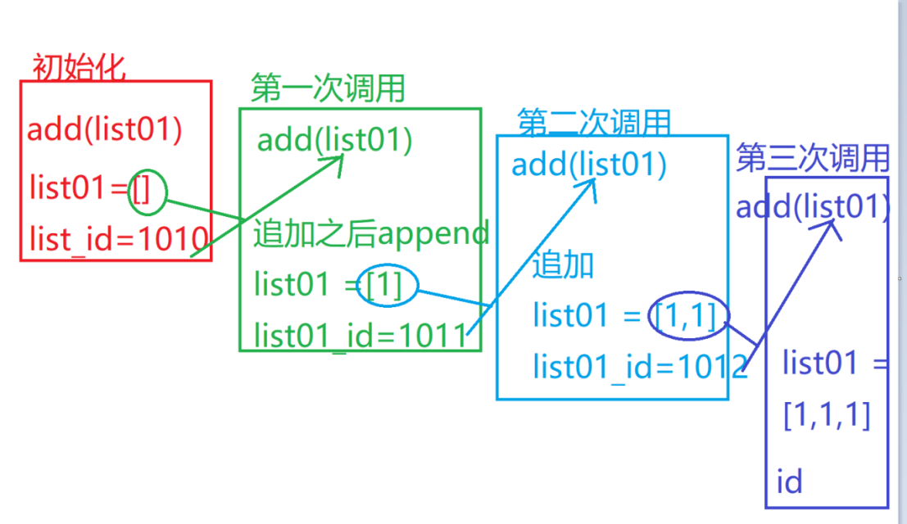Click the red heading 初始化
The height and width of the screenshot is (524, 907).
[79, 67]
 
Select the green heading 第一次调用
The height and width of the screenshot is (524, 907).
[328, 88]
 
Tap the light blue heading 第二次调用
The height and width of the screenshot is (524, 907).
[594, 123]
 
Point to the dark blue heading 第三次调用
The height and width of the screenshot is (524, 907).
[812, 157]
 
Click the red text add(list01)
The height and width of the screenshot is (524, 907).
[104, 130]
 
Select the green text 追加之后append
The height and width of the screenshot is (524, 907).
[370, 234]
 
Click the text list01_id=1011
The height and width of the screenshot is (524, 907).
[365, 335]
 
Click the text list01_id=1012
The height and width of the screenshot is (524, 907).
[640, 366]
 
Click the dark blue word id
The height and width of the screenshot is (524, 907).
[789, 481]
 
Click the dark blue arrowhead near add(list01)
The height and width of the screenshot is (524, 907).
[833, 227]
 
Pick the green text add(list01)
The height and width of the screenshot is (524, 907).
[334, 140]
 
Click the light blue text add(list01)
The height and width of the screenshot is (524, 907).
[588, 165]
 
